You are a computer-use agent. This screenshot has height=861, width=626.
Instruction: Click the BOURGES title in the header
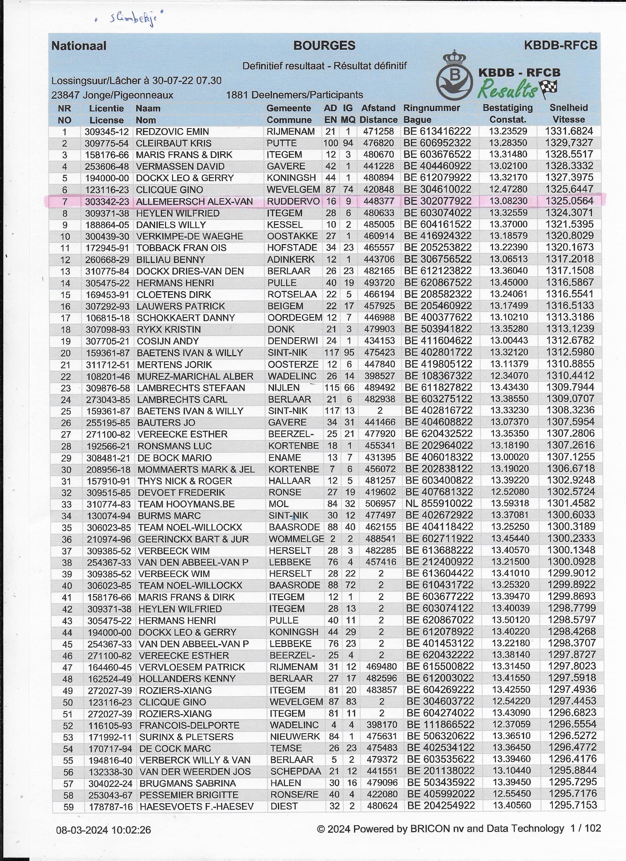click(324, 46)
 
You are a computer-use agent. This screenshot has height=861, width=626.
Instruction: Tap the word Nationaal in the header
click(79, 46)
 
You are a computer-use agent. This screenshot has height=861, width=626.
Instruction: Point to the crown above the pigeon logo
click(454, 58)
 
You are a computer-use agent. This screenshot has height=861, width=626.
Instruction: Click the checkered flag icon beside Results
click(549, 88)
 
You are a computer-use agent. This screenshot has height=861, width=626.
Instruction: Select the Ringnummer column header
click(432, 108)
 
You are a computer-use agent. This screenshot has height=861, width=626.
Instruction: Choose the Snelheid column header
click(568, 108)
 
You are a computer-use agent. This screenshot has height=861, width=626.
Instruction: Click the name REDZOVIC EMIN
click(172, 132)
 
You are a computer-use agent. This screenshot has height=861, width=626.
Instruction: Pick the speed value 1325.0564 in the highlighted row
click(569, 201)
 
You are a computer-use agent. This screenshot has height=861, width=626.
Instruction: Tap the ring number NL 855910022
click(439, 504)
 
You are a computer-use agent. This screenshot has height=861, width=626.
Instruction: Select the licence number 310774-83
click(109, 504)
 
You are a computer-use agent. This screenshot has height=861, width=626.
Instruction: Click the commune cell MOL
click(279, 504)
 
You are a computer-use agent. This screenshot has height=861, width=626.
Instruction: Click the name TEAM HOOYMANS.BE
click(186, 504)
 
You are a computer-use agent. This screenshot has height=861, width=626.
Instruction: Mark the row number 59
click(68, 807)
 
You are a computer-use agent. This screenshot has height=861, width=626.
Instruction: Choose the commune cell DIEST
click(284, 807)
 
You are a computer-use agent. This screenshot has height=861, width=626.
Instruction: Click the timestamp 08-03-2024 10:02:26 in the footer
click(103, 830)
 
